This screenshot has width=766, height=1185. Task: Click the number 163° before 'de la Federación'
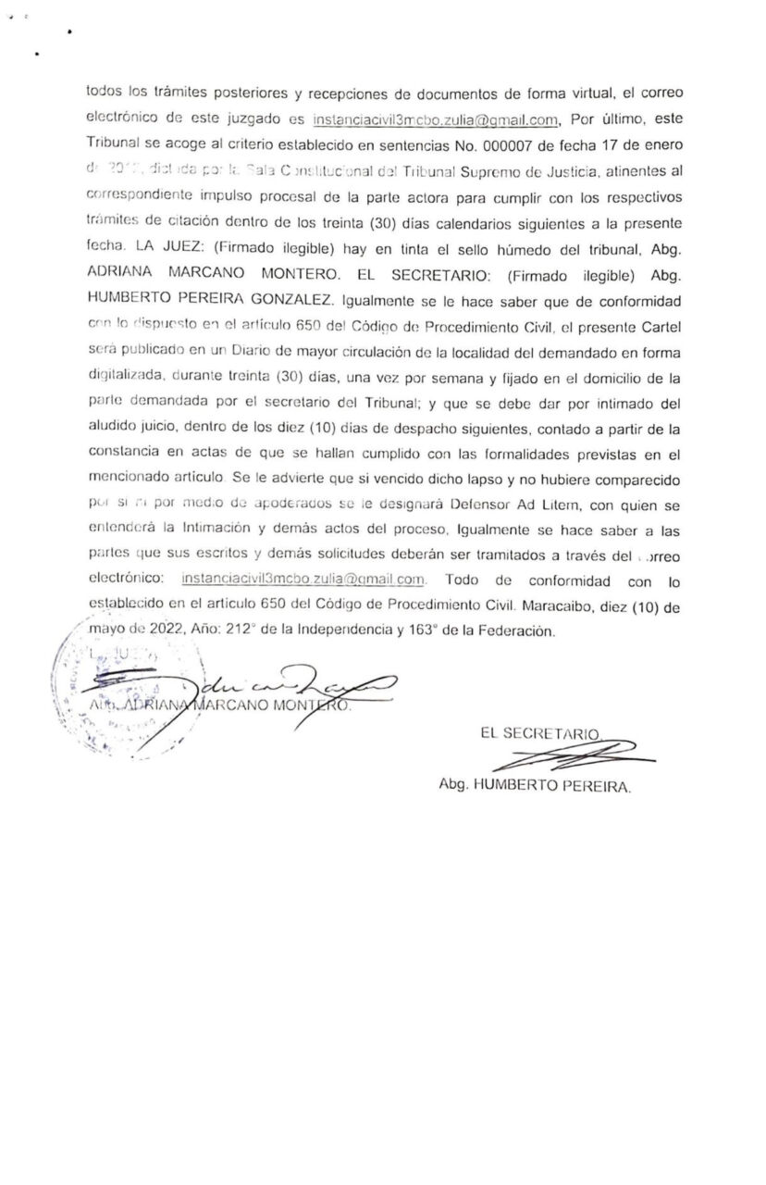pos(428,633)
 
